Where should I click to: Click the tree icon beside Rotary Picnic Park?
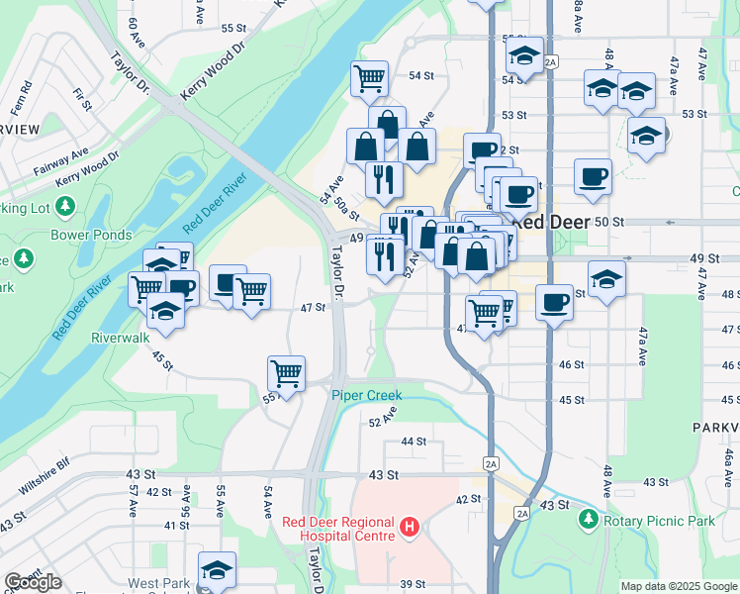point(590,519)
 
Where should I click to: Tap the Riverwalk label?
point(120,337)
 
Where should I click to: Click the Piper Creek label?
point(366,395)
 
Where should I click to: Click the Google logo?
point(33,582)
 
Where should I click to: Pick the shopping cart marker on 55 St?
point(286,374)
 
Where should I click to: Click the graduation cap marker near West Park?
point(217,570)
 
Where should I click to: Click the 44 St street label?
point(414,441)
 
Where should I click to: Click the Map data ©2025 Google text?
point(679,586)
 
